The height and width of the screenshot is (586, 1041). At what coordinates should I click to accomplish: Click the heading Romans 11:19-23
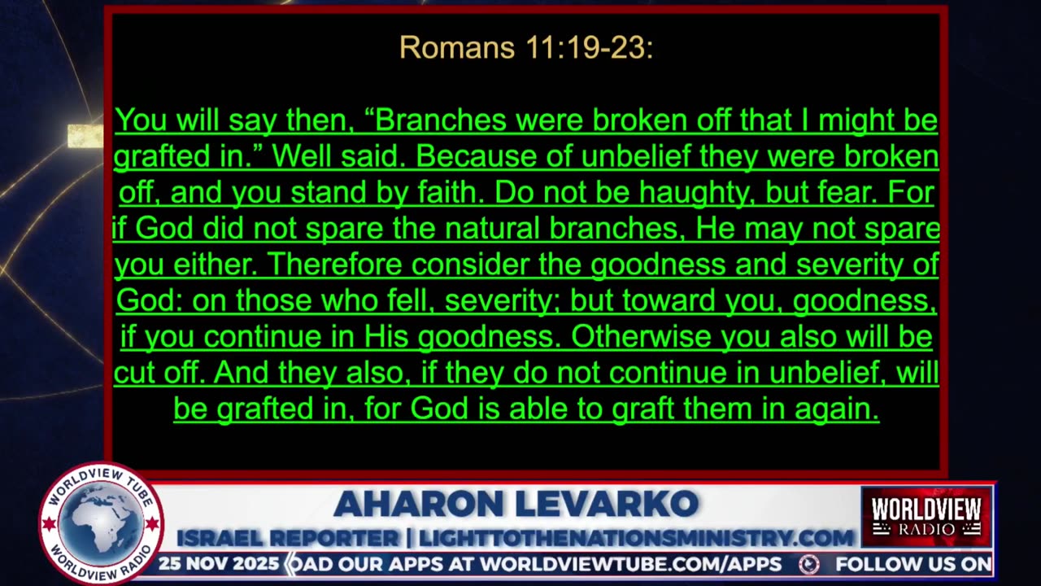click(526, 48)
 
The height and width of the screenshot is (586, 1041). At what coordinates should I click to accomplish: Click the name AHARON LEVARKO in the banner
click(516, 505)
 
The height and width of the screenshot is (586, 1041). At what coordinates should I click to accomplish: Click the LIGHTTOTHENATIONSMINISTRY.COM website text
click(635, 538)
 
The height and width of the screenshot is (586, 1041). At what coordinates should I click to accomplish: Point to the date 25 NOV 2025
click(218, 564)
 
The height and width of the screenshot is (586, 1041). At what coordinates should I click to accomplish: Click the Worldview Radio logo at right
click(926, 517)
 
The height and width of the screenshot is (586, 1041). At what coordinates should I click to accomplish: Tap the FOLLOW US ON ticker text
click(913, 564)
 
